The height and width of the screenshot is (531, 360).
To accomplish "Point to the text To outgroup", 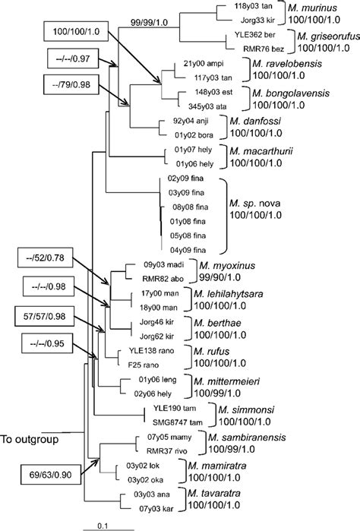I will (31, 439).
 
